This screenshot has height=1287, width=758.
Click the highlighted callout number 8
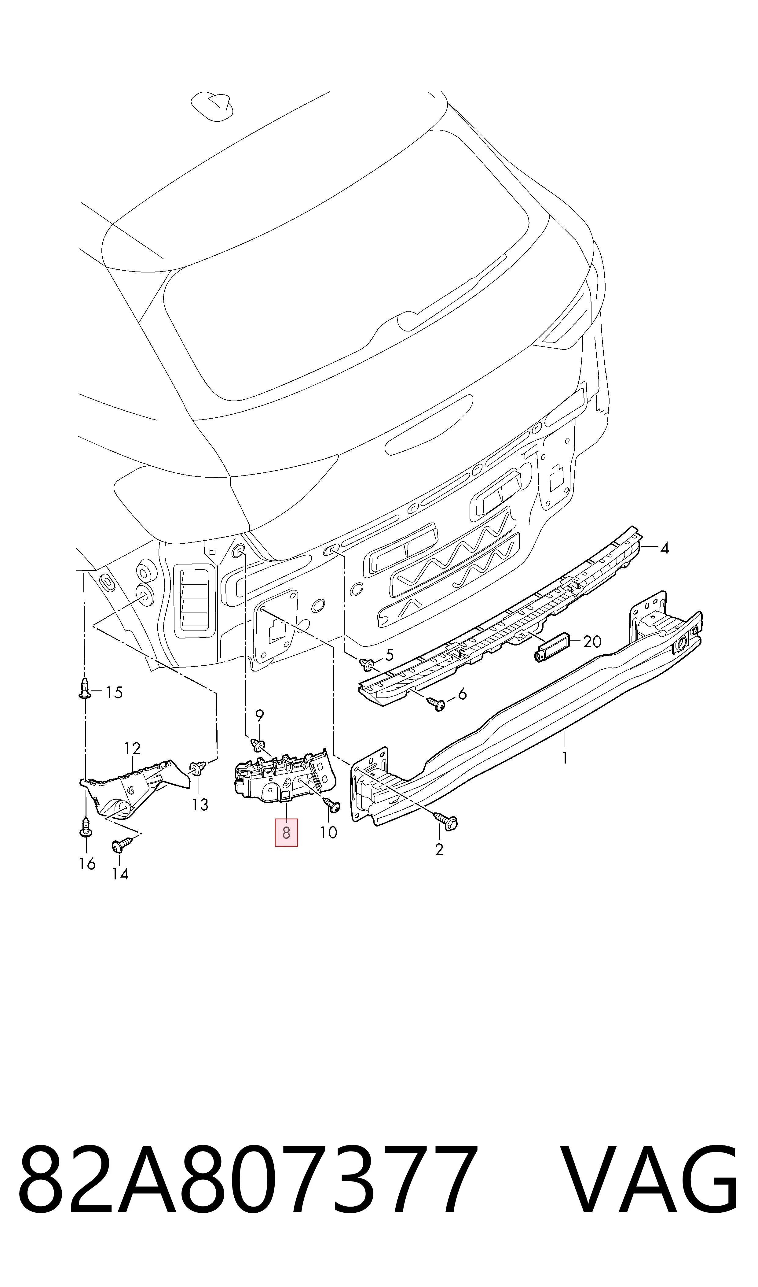286,833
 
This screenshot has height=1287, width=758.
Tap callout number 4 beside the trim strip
664,549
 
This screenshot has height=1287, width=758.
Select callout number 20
592,642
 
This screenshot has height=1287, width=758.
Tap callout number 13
200,805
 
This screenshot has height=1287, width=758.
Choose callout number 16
87,864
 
